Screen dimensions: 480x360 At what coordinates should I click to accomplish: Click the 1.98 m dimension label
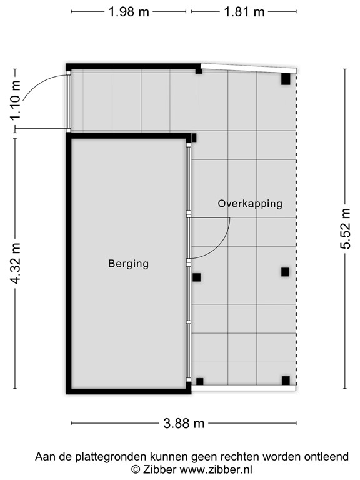coord(129,12)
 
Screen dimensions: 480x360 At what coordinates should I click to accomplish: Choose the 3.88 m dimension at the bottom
coord(184,423)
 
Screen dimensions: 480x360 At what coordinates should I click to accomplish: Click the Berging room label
coord(128,264)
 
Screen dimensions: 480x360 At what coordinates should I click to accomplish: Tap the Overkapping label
coord(250,204)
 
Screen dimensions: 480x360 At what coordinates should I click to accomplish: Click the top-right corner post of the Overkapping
coord(286,79)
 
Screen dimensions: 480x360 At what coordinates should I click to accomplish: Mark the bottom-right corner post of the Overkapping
coord(286,380)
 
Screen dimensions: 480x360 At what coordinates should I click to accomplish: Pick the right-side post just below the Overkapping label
coord(285,272)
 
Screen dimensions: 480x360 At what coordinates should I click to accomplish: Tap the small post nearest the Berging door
coord(196,277)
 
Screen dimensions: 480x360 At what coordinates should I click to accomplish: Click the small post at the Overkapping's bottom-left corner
coord(200,381)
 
